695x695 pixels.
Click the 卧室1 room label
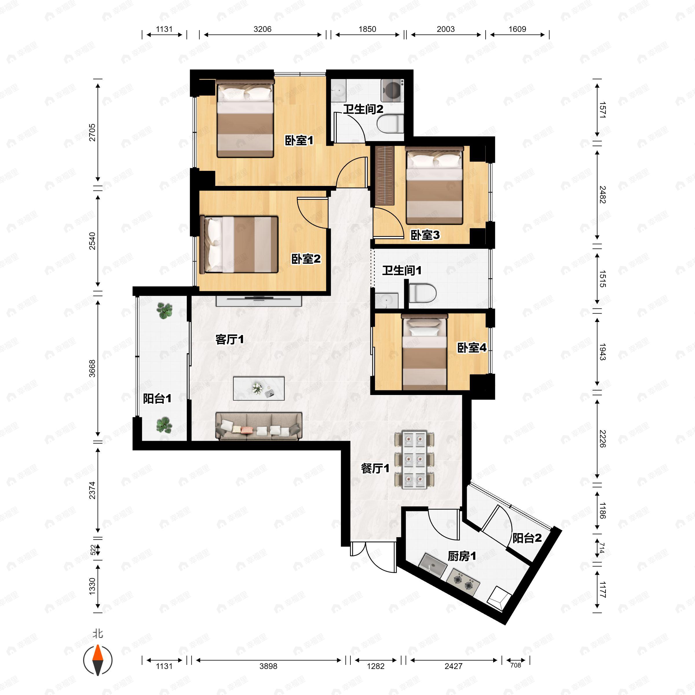(299, 140)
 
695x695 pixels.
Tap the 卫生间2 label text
(363, 109)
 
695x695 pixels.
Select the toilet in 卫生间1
(422, 293)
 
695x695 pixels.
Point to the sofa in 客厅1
(259, 426)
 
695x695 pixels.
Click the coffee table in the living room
(259, 389)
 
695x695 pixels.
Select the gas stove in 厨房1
(463, 582)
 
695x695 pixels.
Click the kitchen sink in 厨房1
(433, 566)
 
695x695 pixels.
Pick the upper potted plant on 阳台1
(165, 310)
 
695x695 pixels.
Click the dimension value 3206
(263, 29)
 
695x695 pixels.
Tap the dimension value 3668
(92, 368)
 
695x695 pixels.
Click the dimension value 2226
(603, 439)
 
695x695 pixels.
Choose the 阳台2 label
(527, 538)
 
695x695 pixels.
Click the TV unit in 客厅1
(259, 301)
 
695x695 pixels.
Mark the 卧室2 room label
(306, 259)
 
